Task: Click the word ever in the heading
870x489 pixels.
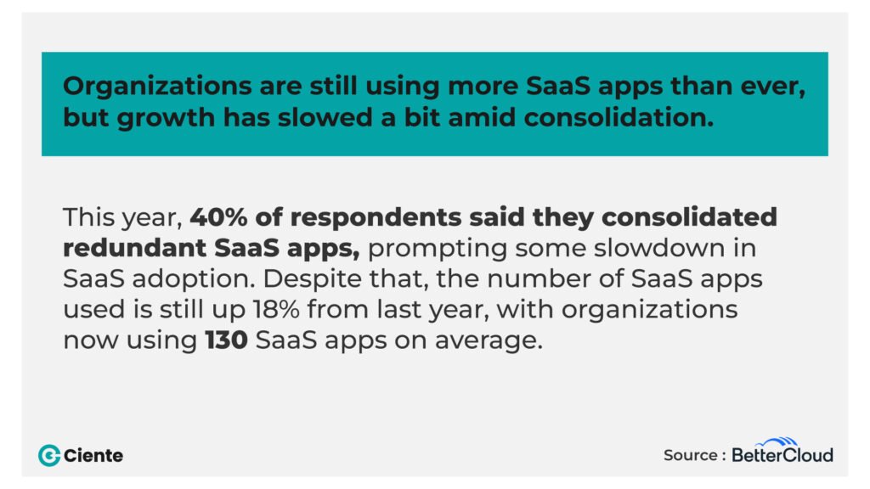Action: (775, 87)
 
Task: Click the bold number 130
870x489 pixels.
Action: (225, 342)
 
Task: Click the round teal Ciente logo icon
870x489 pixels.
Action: (49, 455)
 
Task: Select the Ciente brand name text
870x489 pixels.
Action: (94, 456)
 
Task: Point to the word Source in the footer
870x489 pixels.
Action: (690, 455)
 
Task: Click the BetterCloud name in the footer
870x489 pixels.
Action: (782, 455)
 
